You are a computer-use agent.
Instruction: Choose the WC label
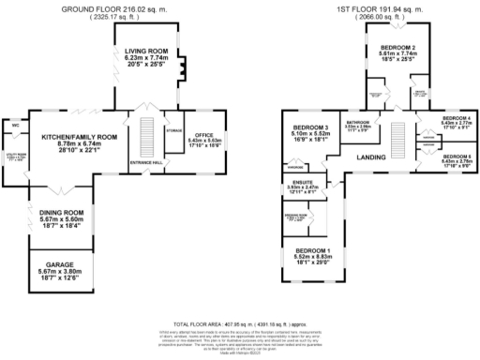coord(16,122)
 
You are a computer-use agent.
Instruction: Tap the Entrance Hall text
coord(146,162)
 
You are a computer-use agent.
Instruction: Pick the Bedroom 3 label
coord(310,127)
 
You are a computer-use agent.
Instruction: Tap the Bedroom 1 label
coord(312,251)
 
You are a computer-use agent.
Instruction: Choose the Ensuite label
coord(302,183)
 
